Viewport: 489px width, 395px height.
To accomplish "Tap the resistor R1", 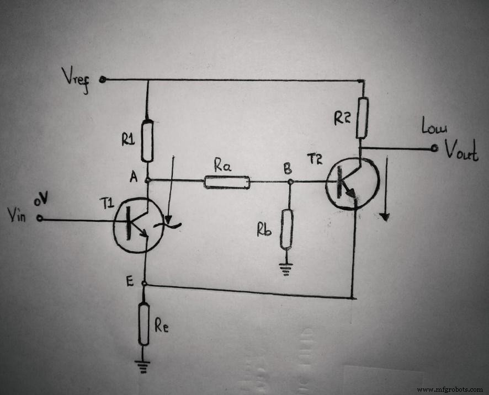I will coord(147,140).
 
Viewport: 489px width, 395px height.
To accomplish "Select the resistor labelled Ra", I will coord(227,182).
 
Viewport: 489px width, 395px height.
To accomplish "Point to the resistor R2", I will coord(362,118).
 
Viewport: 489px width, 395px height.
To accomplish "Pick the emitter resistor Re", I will coord(143,324).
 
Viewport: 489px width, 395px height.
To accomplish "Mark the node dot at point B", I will coord(289,181).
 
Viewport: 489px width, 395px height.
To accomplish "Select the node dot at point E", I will coord(143,284).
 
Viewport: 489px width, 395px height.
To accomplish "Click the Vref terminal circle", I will coord(103,79).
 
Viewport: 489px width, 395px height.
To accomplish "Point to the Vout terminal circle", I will coord(434,148).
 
